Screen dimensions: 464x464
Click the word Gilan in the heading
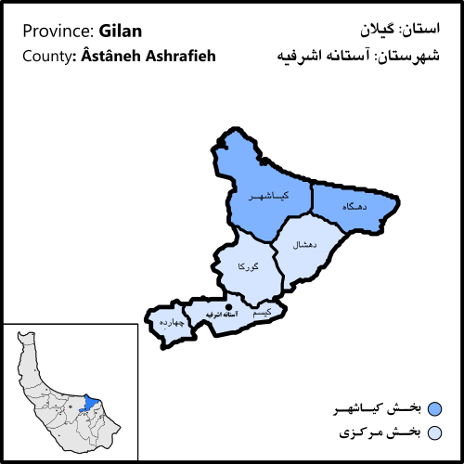(x=119, y=31)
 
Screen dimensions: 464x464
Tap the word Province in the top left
(x=54, y=32)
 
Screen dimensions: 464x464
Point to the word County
(x=43, y=56)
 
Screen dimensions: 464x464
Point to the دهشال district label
(x=305, y=245)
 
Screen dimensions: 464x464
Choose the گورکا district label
(x=249, y=267)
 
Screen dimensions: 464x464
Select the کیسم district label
(x=263, y=313)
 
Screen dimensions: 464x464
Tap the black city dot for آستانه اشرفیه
(x=228, y=305)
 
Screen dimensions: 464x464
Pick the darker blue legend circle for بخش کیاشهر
(x=434, y=409)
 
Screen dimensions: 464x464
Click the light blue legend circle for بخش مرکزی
(x=434, y=432)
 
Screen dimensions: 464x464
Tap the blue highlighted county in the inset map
(x=90, y=403)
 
